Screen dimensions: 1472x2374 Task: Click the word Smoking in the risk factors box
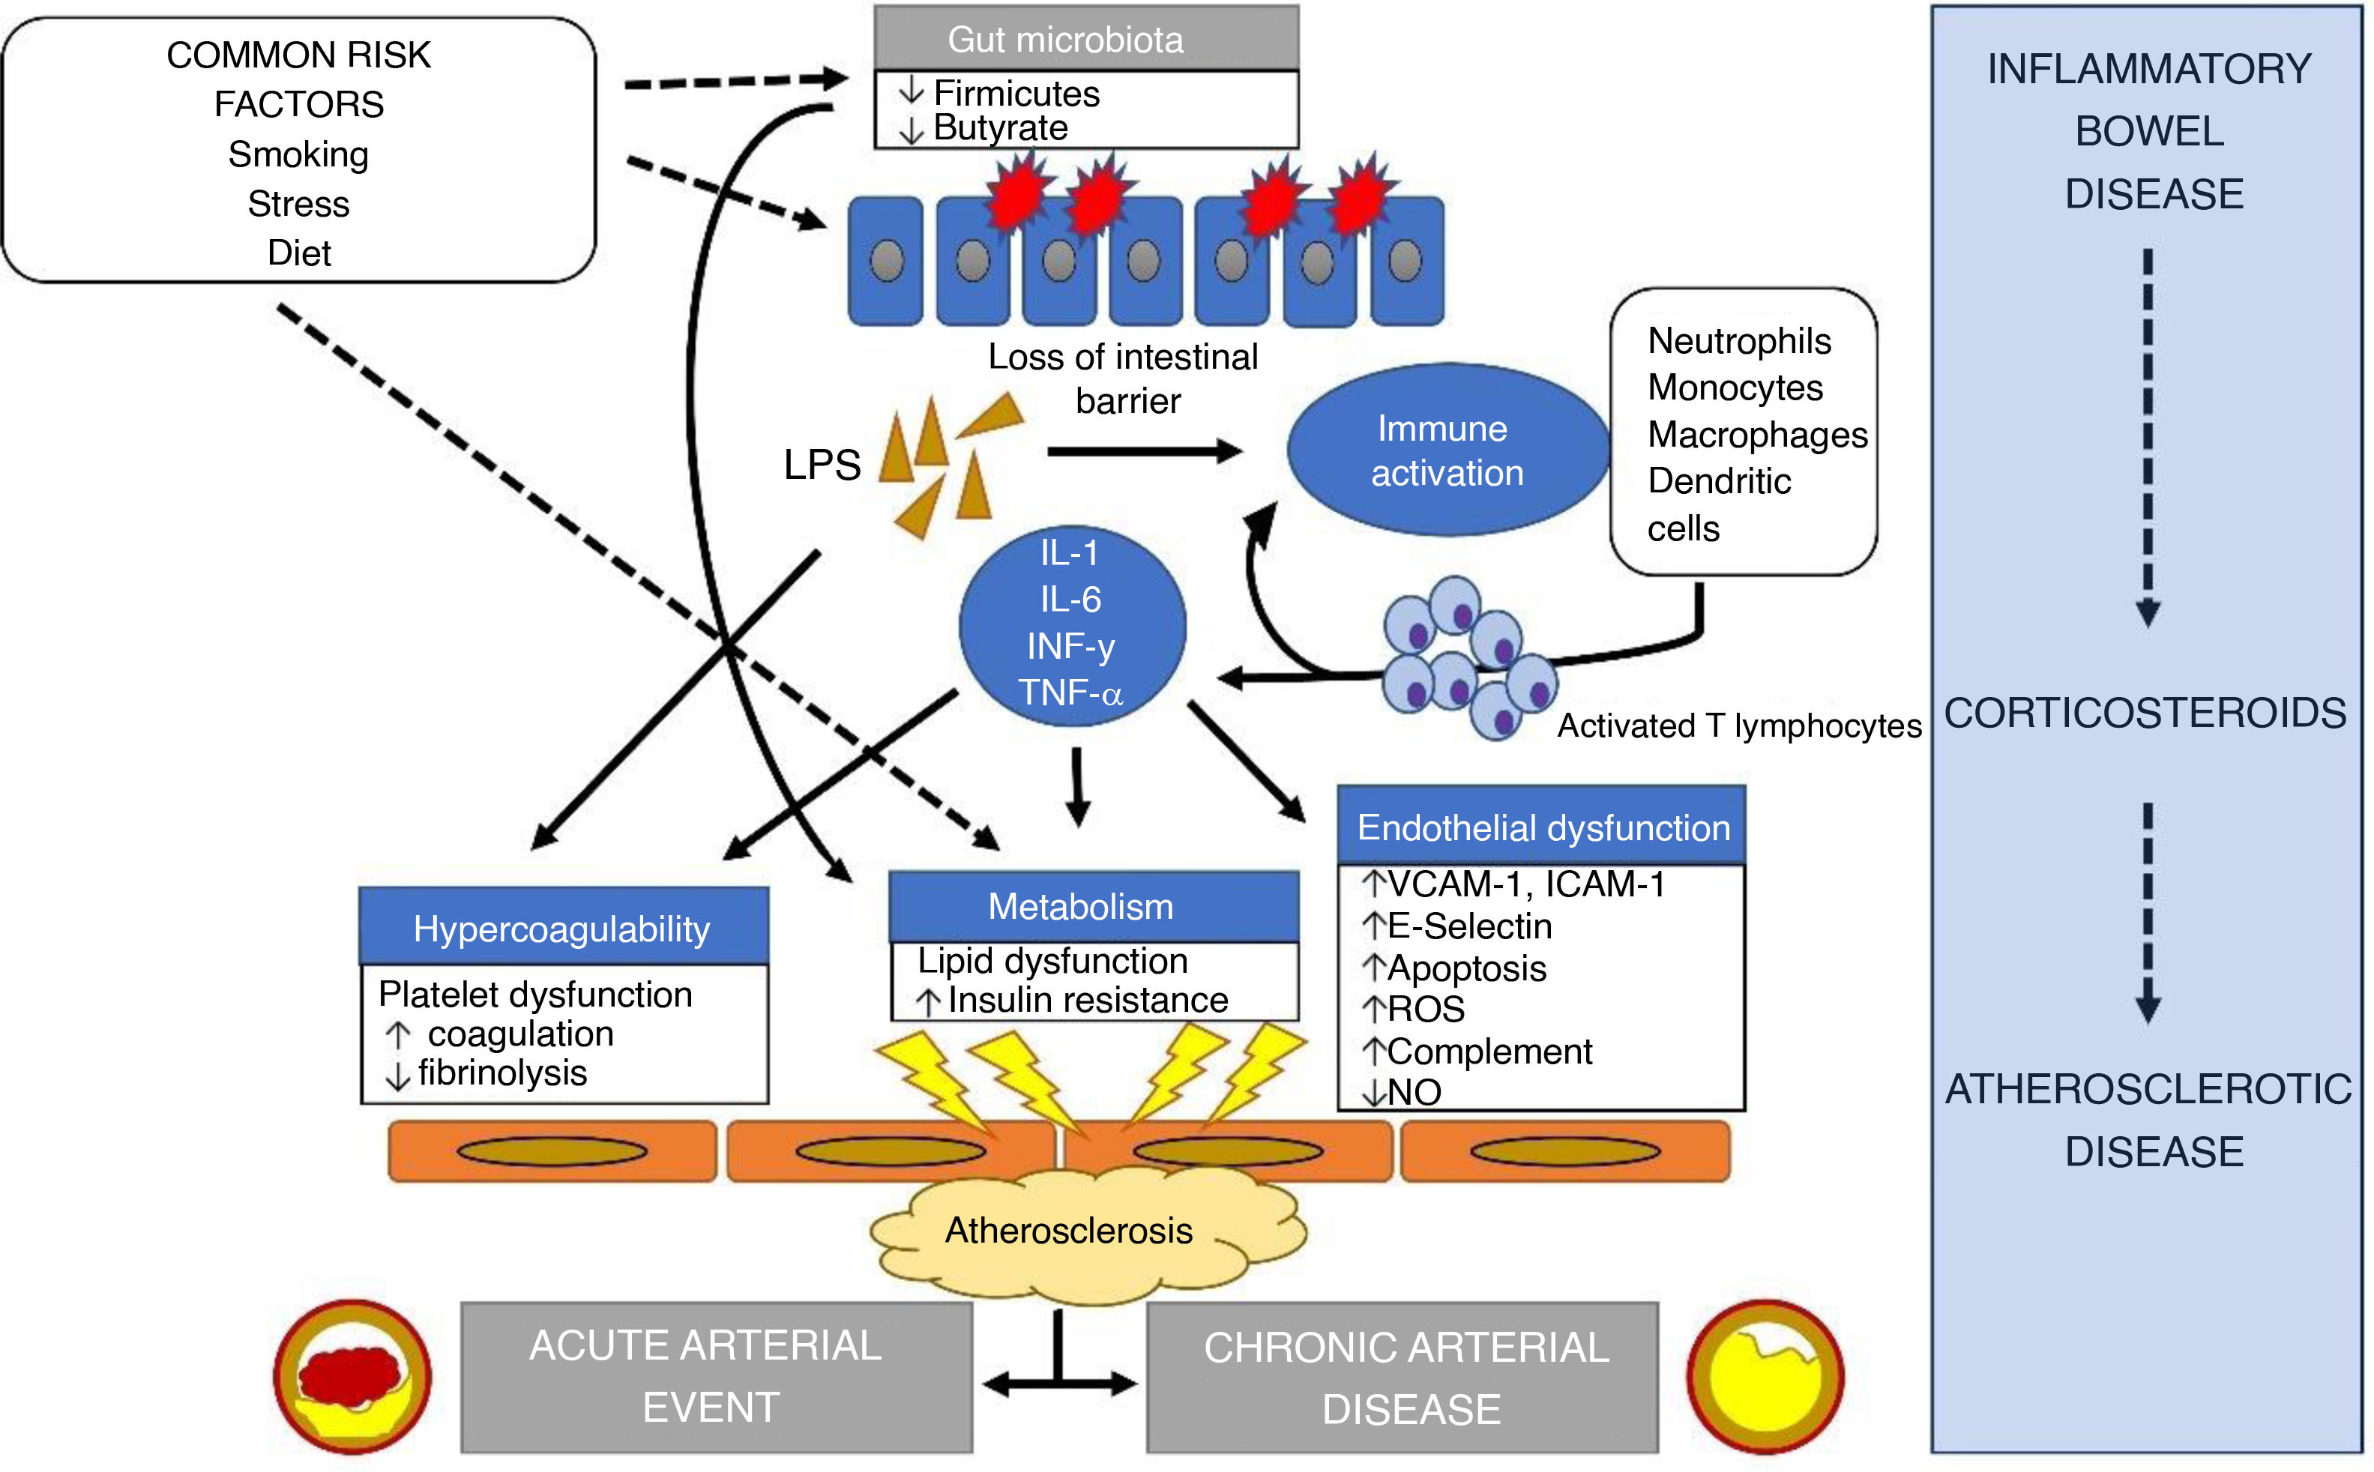298,154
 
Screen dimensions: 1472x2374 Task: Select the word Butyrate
1000,128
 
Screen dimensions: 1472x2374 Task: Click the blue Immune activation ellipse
1447,450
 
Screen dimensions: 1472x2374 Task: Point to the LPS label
822,465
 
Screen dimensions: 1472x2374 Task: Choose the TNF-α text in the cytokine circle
1070,693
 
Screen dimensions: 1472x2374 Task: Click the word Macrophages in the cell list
1756,434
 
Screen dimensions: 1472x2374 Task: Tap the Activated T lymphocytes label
1739,726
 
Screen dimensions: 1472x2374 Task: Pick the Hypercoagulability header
563,929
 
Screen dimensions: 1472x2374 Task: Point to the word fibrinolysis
502,1073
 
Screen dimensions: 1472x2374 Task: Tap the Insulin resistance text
1088,1000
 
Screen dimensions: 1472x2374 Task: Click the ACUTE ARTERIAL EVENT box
716,1377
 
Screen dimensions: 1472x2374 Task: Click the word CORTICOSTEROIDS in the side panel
2145,713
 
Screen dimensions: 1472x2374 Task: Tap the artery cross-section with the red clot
352,1377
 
